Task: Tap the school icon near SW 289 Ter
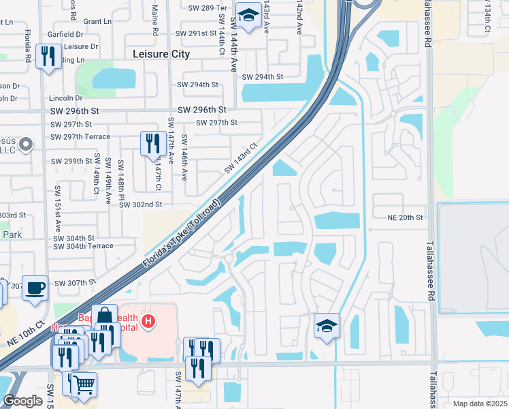click(249, 16)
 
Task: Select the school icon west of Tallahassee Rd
click(327, 327)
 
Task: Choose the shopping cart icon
click(84, 384)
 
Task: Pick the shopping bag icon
click(104, 317)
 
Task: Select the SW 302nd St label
click(139, 204)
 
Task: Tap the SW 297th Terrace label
click(80, 136)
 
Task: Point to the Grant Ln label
click(97, 22)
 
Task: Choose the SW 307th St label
click(76, 283)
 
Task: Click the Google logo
click(22, 401)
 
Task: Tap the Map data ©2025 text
click(480, 404)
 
